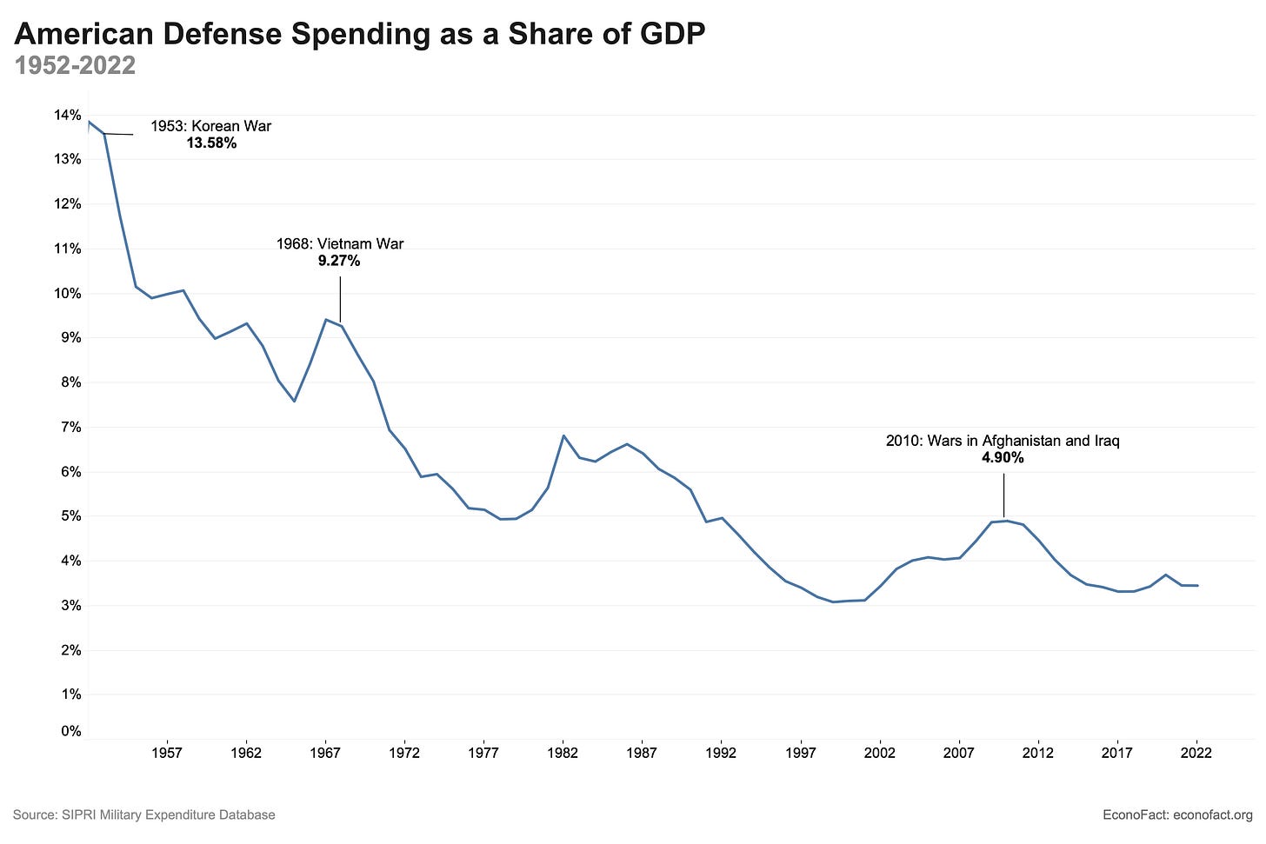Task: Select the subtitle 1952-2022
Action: [x=75, y=65]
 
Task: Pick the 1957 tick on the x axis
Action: [x=167, y=753]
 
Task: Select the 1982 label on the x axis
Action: [x=563, y=753]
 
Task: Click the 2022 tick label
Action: [x=1196, y=753]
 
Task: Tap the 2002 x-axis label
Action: [x=880, y=753]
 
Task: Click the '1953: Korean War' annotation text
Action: [x=210, y=126]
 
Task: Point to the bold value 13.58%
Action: [x=211, y=143]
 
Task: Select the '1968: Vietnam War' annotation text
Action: [x=340, y=244]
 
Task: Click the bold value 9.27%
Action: [x=339, y=261]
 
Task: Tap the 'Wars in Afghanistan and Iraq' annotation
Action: [x=1003, y=441]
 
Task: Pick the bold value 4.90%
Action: [x=1003, y=458]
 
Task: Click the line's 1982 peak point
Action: [x=563, y=435]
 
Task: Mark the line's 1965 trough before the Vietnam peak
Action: [x=295, y=401]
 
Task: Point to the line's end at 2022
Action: [x=1197, y=585]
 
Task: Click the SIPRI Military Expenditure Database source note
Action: [x=143, y=814]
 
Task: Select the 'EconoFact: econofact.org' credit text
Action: [x=1177, y=814]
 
